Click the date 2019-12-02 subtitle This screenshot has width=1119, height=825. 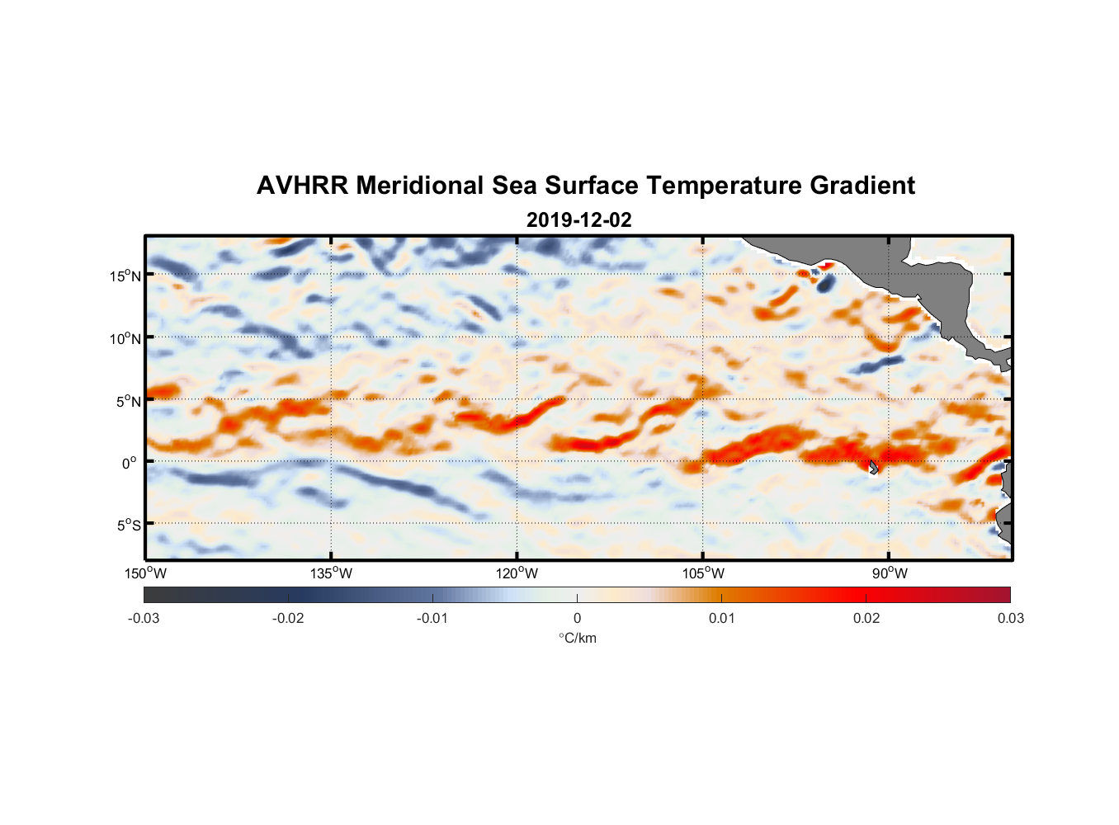578,220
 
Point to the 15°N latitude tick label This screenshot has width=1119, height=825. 125,276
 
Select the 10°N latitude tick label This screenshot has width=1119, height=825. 125,338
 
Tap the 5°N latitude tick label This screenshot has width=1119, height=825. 128,401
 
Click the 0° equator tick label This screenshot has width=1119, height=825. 130,464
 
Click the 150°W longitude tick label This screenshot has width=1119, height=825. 146,573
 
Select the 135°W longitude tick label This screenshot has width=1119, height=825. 332,573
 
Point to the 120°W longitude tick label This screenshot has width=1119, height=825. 517,573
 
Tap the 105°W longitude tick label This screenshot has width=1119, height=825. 703,573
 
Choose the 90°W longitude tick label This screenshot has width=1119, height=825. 890,573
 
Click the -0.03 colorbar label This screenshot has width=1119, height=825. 144,619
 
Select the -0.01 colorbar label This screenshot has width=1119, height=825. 432,619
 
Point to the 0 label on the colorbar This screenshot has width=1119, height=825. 577,619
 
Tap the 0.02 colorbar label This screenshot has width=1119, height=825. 866,619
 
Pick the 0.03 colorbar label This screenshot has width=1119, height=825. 1010,619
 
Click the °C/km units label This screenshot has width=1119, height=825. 578,638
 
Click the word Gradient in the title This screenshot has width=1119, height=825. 862,186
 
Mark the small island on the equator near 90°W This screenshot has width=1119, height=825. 873,468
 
